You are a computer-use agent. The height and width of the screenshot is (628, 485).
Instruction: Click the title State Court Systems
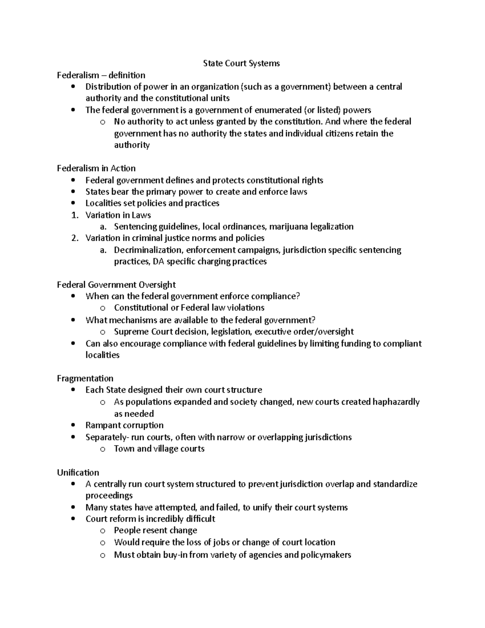tap(241, 63)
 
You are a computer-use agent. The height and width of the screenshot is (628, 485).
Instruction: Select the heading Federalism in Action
tap(96, 168)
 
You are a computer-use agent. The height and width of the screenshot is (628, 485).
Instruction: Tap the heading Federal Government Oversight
tap(116, 285)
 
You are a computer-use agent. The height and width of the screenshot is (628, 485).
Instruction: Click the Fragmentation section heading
tap(85, 378)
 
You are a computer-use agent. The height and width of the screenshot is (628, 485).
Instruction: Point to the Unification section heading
tap(78, 472)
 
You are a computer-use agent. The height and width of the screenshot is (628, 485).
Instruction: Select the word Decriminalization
tap(148, 250)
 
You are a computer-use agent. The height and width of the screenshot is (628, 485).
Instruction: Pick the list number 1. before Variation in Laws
tap(74, 215)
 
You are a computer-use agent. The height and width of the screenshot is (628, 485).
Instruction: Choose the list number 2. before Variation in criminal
tap(74, 238)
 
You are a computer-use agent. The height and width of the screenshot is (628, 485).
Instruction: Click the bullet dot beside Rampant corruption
tap(73, 425)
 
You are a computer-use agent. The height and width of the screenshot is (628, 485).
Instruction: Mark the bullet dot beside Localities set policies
tap(73, 203)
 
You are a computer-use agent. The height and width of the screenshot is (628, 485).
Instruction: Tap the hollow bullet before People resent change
tap(103, 531)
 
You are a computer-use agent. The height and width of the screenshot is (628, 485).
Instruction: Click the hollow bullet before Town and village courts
tap(103, 449)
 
